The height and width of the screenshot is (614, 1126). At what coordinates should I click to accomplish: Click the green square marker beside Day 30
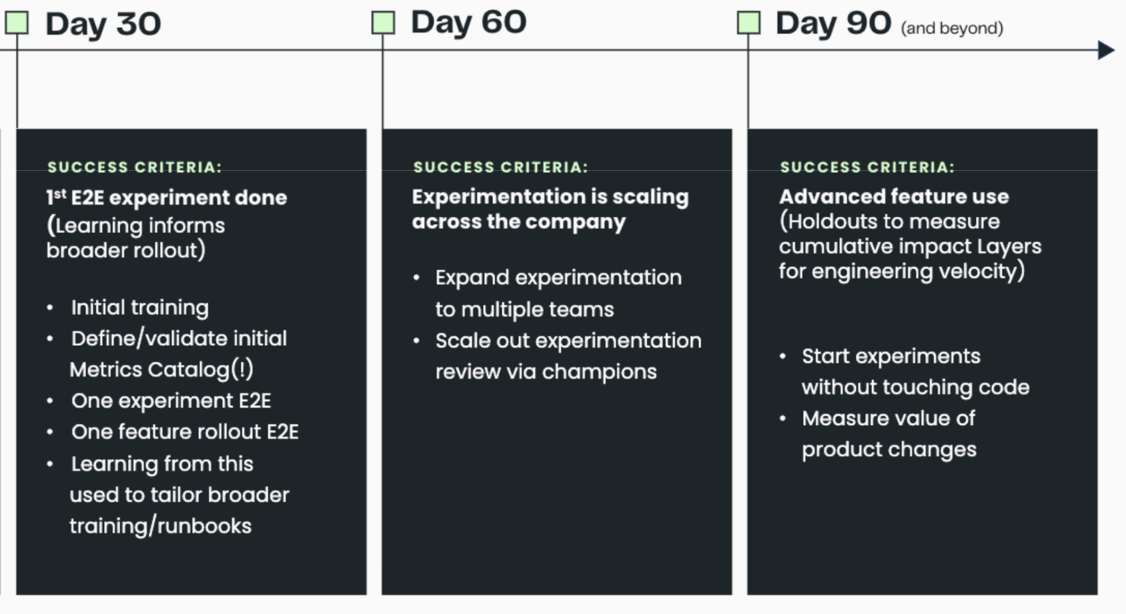click(x=17, y=23)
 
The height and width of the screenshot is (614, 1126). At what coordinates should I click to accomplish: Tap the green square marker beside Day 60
click(x=383, y=23)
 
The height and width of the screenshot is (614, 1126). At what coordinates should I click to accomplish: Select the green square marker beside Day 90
click(x=748, y=23)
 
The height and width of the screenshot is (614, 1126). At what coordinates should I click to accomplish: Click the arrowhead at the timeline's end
click(x=1106, y=50)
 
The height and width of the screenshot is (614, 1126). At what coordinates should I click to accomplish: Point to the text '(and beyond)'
click(x=951, y=28)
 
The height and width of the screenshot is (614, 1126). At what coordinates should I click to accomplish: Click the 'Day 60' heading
click(x=468, y=23)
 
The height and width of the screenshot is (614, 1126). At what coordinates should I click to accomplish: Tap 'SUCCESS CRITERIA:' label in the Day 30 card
click(x=134, y=167)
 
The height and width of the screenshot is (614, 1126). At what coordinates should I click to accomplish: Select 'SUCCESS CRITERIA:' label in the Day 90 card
click(x=867, y=167)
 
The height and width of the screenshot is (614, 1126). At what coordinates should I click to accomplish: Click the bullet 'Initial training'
click(x=139, y=308)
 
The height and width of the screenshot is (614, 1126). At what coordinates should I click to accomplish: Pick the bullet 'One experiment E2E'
click(x=171, y=400)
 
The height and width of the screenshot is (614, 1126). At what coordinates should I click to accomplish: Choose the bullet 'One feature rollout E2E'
click(x=185, y=432)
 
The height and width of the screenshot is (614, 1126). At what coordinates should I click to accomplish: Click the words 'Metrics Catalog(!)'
click(x=161, y=369)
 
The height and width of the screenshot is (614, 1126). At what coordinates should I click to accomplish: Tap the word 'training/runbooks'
click(x=160, y=526)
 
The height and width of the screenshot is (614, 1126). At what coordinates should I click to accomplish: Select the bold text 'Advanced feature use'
click(x=894, y=197)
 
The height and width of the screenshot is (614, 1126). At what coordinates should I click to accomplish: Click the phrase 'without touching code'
click(x=915, y=387)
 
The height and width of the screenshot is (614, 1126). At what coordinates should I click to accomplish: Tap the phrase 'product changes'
click(x=889, y=449)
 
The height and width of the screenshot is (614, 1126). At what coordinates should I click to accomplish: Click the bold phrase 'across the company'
click(x=518, y=222)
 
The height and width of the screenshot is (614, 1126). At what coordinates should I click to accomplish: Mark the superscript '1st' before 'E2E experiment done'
click(x=56, y=196)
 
